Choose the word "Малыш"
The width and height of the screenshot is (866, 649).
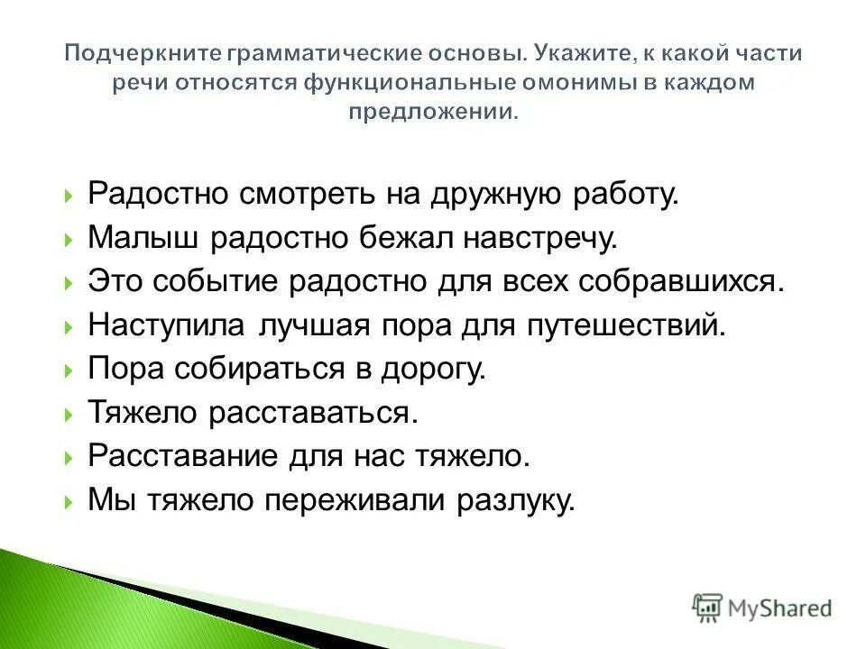(142, 238)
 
